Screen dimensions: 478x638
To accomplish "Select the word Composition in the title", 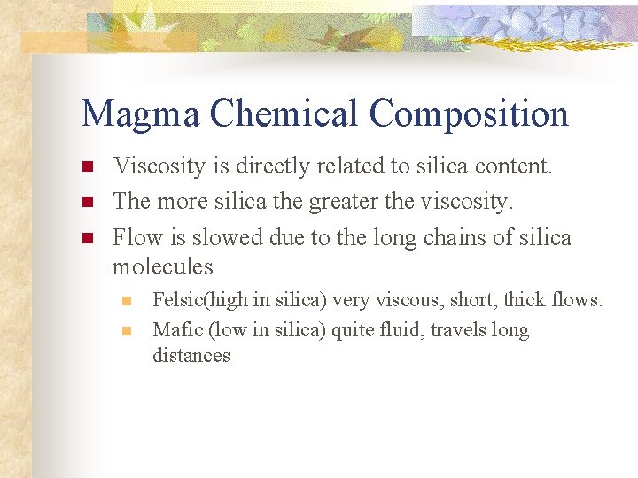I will (x=470, y=114).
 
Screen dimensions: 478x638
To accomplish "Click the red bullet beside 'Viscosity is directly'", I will (x=87, y=167).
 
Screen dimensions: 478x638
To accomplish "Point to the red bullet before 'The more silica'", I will (x=87, y=203).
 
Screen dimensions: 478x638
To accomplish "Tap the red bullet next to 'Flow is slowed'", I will (x=87, y=238).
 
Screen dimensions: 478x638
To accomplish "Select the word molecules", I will (x=163, y=266).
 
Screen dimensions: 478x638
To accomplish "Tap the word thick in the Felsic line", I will (x=525, y=300).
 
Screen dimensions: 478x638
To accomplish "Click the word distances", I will (x=191, y=356).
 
